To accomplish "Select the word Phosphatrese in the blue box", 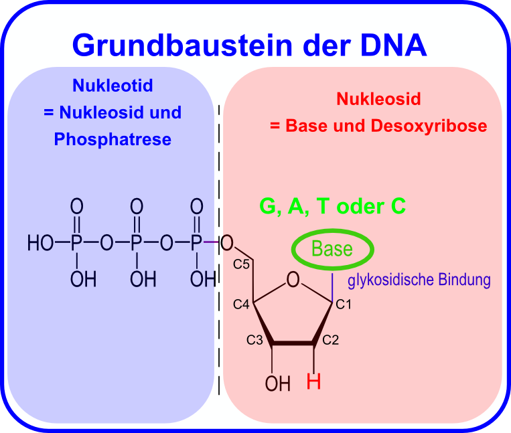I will [113, 140].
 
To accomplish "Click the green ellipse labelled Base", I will [332, 250].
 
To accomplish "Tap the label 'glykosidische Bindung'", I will [419, 280].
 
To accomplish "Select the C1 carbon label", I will [344, 305].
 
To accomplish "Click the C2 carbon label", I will [331, 340].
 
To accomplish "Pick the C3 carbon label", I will [254, 340].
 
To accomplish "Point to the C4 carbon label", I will [241, 305].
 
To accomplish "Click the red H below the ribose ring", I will [313, 382].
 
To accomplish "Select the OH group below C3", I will [277, 383].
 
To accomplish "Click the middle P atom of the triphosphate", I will [137, 243].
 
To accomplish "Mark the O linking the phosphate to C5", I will [226, 242].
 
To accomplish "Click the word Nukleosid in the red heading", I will [378, 100].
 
